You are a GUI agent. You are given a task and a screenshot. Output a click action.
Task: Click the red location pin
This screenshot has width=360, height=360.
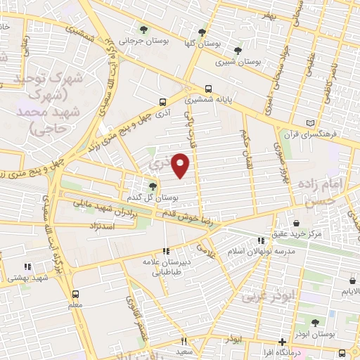(x=181, y=165)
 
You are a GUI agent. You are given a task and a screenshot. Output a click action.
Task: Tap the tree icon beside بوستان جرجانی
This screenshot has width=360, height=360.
(x=143, y=30)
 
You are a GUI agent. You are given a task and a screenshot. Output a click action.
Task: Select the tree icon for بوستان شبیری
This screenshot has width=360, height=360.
(x=238, y=51)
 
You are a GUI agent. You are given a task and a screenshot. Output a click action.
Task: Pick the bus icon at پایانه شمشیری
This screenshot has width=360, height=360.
(x=208, y=89)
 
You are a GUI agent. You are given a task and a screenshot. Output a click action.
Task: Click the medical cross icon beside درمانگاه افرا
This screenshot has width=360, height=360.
(x=281, y=341)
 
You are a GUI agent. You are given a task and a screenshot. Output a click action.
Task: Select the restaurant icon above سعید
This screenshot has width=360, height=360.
(x=183, y=340)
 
